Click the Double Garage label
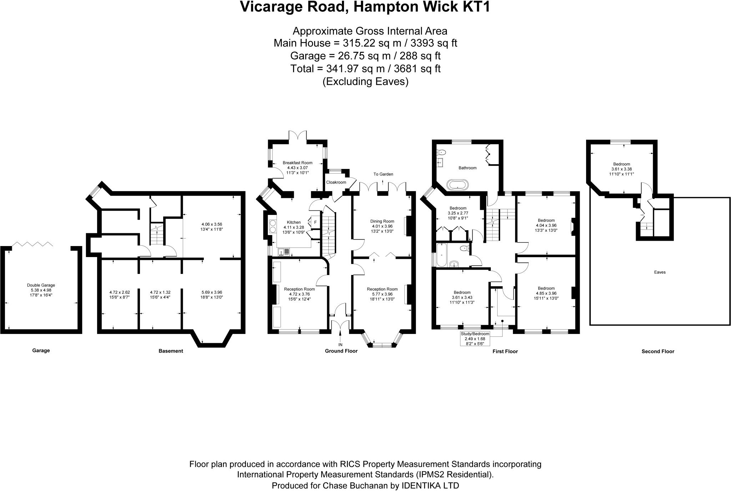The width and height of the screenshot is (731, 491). click(41, 285)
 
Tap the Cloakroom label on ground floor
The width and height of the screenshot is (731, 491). click(336, 182)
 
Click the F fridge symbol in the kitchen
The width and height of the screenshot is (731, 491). click(315, 222)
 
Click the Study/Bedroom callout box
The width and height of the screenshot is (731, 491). click(475, 339)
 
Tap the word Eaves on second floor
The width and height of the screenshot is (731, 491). click(660, 272)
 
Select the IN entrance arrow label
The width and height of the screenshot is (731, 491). click(340, 345)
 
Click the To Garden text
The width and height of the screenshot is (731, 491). click(383, 174)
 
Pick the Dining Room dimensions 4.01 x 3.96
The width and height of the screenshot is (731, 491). click(382, 226)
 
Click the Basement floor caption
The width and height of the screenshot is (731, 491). click(171, 351)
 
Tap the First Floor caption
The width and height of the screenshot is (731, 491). click(505, 351)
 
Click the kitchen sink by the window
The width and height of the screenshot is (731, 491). click(284, 252)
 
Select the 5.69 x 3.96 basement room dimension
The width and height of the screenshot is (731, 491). click(212, 292)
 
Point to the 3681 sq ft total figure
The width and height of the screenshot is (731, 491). click(419, 69)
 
